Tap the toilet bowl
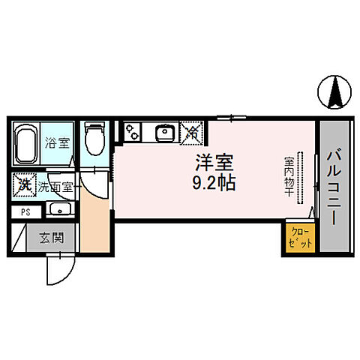tap(94, 139)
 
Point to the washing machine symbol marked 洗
tap(25, 184)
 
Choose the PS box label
tap(25, 212)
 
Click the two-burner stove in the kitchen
tap(133, 132)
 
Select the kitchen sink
tap(163, 133)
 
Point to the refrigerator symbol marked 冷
tap(192, 133)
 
